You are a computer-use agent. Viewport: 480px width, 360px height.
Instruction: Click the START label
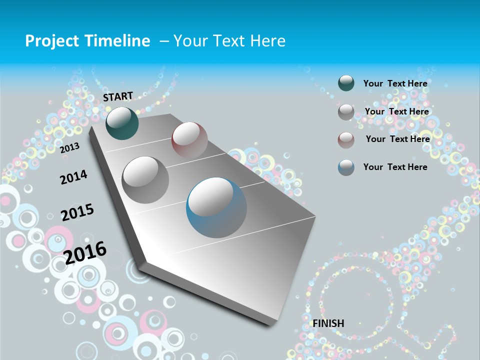118,96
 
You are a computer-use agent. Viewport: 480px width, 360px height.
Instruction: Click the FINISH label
328,323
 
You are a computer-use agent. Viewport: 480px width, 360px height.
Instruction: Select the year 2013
69,147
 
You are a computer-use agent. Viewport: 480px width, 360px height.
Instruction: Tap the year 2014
73,177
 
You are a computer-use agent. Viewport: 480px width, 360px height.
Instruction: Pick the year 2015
77,212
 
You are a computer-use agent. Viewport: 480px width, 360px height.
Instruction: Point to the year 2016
85,252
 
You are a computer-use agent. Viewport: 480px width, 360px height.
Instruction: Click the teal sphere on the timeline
122,123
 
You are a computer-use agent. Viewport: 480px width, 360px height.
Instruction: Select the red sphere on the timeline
189,139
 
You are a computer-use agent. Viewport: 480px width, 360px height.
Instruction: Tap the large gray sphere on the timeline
145,179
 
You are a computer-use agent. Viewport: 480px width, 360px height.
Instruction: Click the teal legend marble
346,83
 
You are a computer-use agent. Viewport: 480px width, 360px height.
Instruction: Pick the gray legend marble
346,112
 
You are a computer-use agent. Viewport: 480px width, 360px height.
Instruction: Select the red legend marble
346,139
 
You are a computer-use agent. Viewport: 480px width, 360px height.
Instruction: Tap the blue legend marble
346,167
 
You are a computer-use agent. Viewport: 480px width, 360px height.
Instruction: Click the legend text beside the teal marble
395,83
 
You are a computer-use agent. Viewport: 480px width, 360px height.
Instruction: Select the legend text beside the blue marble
395,167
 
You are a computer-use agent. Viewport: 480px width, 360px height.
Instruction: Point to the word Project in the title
52,41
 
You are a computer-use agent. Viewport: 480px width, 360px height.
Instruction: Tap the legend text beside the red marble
397,139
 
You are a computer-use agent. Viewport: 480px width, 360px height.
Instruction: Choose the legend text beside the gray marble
396,111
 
